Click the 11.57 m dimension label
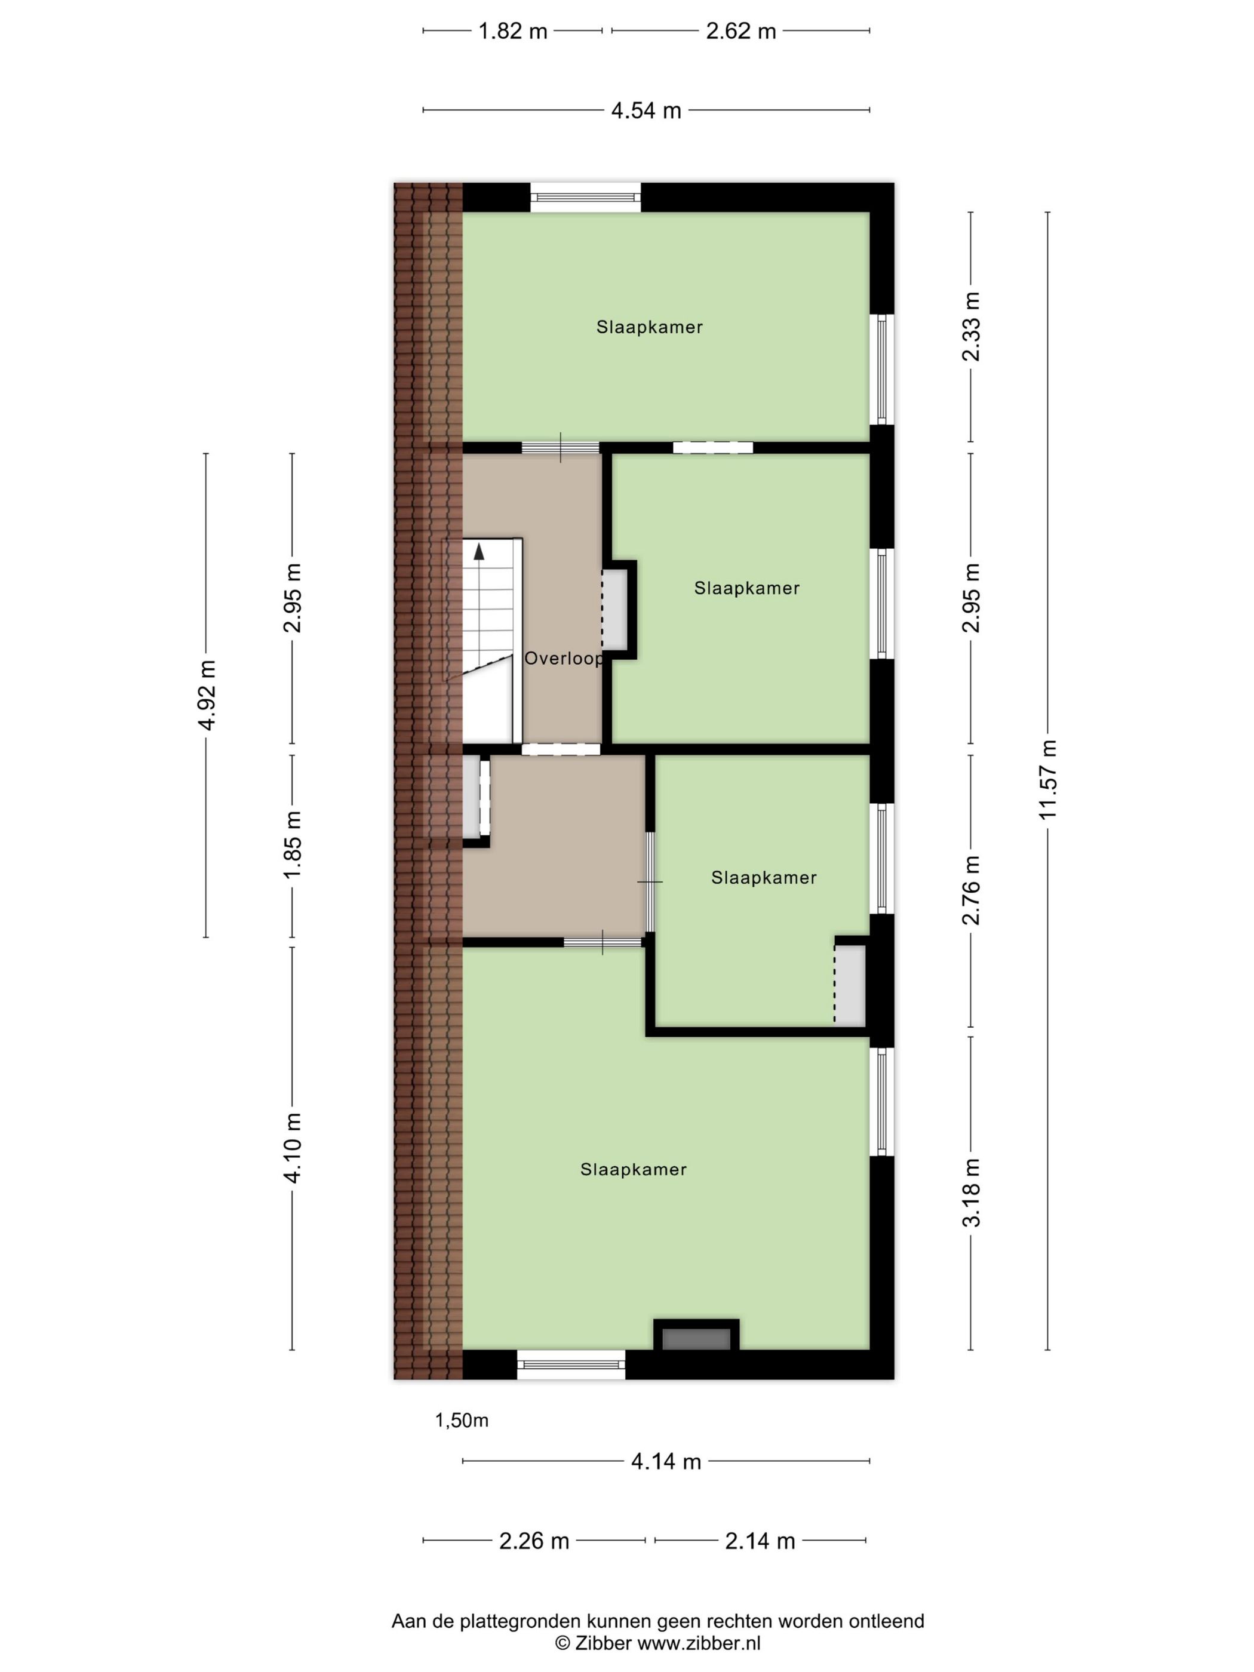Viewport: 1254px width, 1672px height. click(x=1047, y=779)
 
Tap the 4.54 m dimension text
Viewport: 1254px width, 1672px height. click(x=646, y=110)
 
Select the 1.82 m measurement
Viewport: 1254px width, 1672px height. click(x=512, y=31)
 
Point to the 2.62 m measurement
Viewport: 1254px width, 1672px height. click(x=741, y=31)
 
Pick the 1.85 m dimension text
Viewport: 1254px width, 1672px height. click(x=293, y=844)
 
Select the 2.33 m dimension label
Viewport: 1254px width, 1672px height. click(x=972, y=327)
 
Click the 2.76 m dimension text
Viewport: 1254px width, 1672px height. click(x=972, y=890)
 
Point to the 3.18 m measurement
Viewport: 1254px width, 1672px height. click(x=972, y=1192)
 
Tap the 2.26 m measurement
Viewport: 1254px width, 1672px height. click(x=534, y=1541)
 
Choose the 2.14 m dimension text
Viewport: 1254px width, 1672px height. click(x=760, y=1541)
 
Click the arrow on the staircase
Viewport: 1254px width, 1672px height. click(x=478, y=552)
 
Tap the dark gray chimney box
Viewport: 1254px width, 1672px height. click(x=696, y=1339)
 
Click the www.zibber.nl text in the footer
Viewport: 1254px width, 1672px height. click(x=699, y=1644)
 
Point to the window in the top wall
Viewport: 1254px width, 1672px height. click(x=585, y=198)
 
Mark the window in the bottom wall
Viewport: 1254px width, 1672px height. click(x=571, y=1364)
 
